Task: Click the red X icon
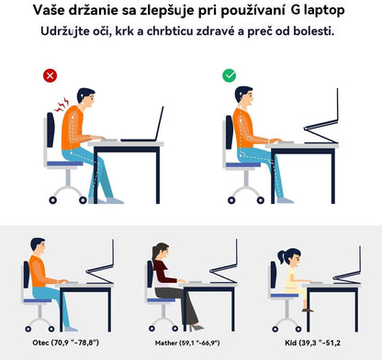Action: coord(51,75)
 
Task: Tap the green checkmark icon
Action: coord(230,75)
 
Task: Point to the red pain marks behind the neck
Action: coord(62,105)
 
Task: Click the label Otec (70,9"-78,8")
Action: coord(65,343)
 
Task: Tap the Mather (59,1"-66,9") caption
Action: coord(187,343)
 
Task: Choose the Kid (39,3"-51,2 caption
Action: coord(312,343)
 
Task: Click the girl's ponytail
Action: coord(282,256)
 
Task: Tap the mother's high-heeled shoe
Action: coord(197,327)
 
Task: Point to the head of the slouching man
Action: coord(86,98)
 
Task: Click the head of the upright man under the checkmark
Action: coord(244,96)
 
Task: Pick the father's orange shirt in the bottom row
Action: coord(39,272)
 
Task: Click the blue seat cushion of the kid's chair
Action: coord(285,296)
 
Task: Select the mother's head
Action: coord(162,251)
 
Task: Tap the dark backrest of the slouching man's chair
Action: coord(51,129)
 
